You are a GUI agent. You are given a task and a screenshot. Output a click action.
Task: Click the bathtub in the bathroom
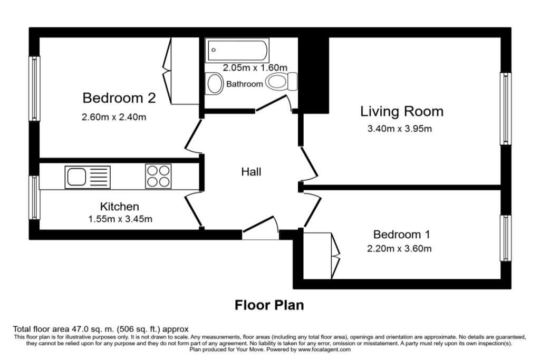point(237,51)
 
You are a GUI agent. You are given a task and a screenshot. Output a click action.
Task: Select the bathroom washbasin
point(215,83)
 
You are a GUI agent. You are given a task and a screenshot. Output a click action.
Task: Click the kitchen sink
point(88,177)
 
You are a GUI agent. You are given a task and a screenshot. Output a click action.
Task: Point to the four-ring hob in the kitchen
point(158,176)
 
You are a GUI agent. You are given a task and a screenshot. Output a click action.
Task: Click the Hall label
point(251,172)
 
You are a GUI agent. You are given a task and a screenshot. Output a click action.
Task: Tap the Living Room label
point(401,111)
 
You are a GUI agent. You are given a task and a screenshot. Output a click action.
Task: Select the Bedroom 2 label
point(119,98)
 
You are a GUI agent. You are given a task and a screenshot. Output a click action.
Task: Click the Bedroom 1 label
point(401,235)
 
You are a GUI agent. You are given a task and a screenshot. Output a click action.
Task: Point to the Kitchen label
point(120,207)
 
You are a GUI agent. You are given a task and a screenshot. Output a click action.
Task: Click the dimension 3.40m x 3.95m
point(400,129)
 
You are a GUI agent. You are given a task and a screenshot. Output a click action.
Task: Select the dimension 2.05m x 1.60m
point(255,67)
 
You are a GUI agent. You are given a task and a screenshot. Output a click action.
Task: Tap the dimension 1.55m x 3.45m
point(120,219)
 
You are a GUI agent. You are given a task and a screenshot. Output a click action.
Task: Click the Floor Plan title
point(269,305)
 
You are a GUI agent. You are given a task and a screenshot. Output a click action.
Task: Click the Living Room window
point(506,109)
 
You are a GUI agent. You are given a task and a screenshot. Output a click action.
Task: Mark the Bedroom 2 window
point(34,89)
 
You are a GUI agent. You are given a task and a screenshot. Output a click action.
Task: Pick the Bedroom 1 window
point(506,238)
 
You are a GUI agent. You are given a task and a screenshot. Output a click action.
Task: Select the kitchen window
point(34,198)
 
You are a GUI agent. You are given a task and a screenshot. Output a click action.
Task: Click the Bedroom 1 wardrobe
point(322,256)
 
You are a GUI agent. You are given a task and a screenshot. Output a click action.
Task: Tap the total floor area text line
point(101,329)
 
